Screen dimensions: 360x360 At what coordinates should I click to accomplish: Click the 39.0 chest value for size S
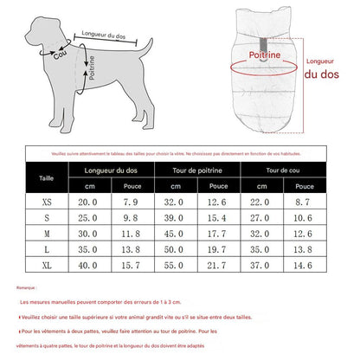[175, 217]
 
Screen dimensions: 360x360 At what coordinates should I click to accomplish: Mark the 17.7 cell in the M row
[218, 234]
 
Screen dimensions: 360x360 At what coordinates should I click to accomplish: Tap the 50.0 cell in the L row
[175, 250]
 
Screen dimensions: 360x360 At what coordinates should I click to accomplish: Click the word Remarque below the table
[25, 286]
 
